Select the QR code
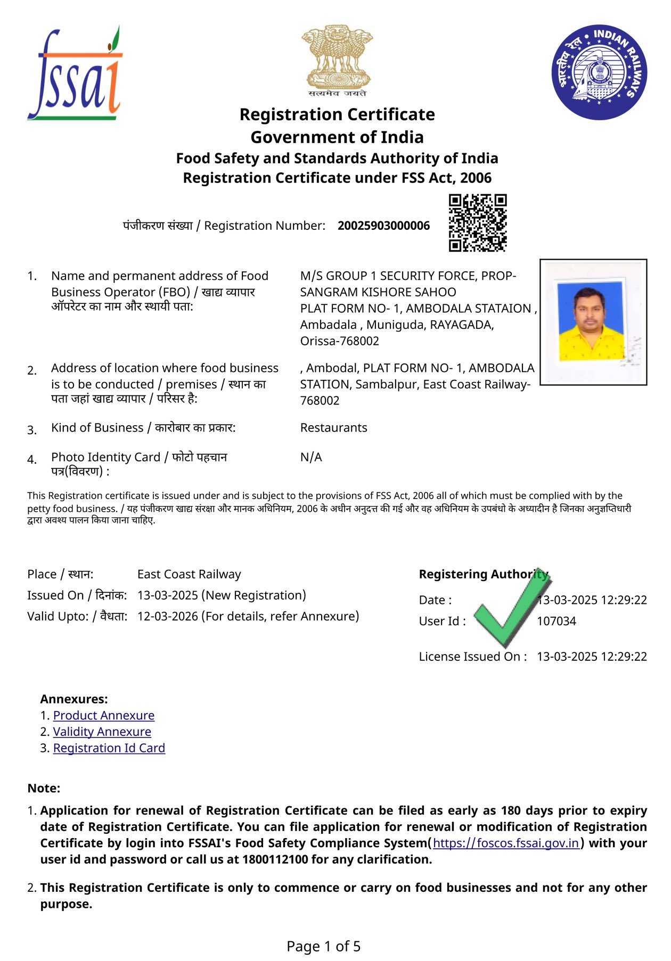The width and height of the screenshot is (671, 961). pos(477,222)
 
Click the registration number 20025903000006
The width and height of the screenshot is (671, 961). pos(383,226)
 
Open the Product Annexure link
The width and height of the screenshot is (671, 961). pos(104,715)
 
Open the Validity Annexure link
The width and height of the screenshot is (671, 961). pos(102,732)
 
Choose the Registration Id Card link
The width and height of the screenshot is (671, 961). pos(109,748)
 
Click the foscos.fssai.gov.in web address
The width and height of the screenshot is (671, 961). pos(506,843)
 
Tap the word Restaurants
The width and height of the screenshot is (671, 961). pos(334,428)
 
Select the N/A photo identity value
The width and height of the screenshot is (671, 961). pos(311,457)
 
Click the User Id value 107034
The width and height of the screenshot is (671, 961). pos(557,621)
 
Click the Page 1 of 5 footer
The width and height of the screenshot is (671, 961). pos(323,946)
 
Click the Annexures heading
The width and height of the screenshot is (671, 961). pos(74,699)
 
